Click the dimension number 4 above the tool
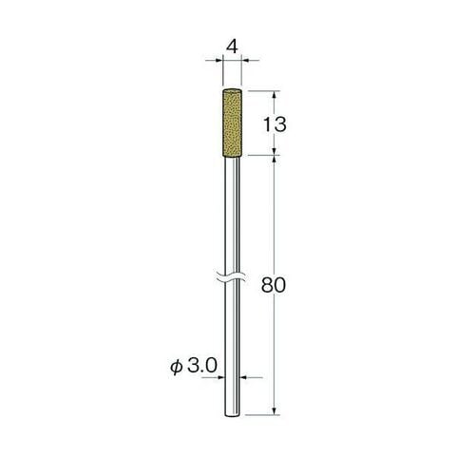(x=233, y=47)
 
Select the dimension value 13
(x=275, y=124)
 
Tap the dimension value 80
(x=274, y=285)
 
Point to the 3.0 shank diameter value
(x=202, y=367)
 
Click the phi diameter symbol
(x=177, y=368)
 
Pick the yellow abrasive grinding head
(x=233, y=122)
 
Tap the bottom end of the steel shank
(x=233, y=415)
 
